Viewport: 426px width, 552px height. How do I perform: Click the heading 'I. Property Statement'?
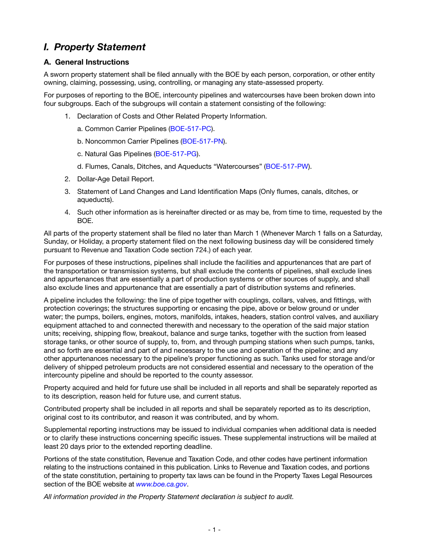click(95, 47)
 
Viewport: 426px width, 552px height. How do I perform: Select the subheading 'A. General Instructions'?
click(86, 62)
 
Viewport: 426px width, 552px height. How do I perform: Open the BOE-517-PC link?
click(191, 129)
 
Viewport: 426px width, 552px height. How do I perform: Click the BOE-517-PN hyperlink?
click(203, 141)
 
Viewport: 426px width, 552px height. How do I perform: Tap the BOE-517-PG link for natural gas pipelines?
click(176, 154)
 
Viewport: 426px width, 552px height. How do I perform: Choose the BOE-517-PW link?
click(287, 166)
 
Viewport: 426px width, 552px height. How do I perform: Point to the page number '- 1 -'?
click(214, 530)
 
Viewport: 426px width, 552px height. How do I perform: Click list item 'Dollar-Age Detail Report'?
click(115, 179)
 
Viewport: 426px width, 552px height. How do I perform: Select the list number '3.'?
click(67, 192)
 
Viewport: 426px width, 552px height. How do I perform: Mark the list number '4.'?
click(67, 212)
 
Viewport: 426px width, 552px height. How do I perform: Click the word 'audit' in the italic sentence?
click(284, 497)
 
